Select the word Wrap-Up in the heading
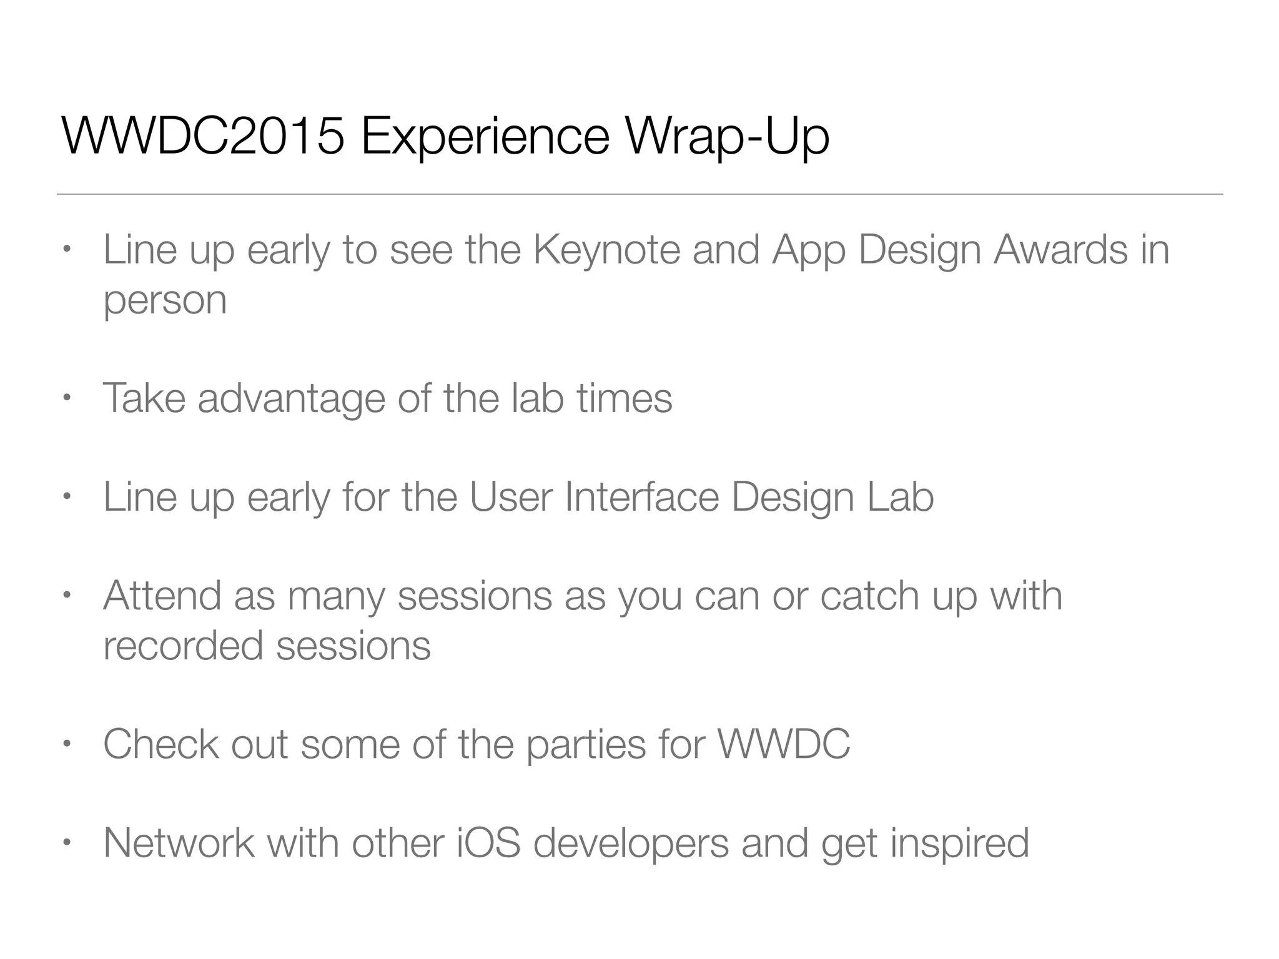727,139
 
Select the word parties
586,745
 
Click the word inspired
959,844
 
